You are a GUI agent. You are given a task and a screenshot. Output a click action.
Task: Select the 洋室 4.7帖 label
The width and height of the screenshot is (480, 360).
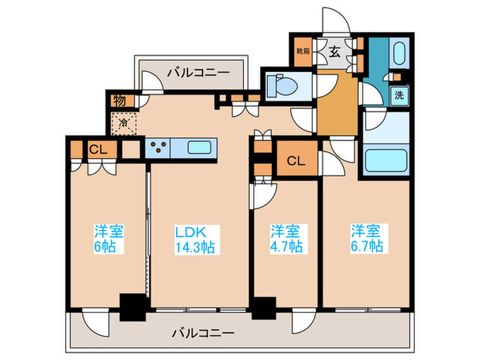(x=285, y=238)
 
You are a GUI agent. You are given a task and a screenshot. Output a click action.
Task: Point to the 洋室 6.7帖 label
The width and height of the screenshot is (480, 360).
(x=367, y=238)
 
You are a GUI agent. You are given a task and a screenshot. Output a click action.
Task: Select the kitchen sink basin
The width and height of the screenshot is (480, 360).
(x=200, y=147)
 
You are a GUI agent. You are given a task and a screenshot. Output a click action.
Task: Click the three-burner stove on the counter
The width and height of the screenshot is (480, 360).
(x=158, y=147)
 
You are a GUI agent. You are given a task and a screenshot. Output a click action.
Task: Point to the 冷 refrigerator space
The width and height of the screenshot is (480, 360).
(x=123, y=124)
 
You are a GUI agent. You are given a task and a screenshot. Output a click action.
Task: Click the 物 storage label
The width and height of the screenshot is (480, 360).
(x=119, y=100)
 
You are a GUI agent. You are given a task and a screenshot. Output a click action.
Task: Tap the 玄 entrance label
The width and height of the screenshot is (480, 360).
(x=335, y=51)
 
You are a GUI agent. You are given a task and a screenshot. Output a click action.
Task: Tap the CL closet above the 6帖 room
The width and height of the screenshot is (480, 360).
(x=95, y=149)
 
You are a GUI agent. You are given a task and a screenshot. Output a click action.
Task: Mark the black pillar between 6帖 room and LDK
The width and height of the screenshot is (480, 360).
(x=133, y=307)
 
